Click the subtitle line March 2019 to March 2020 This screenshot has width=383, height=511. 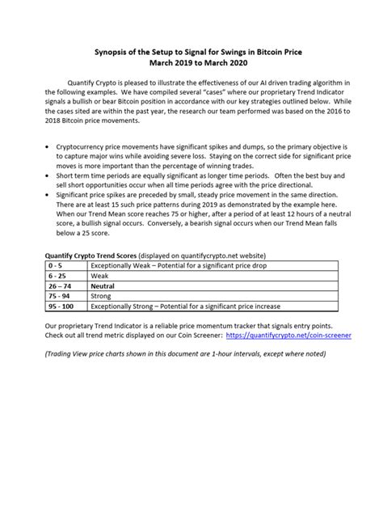[191, 62]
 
